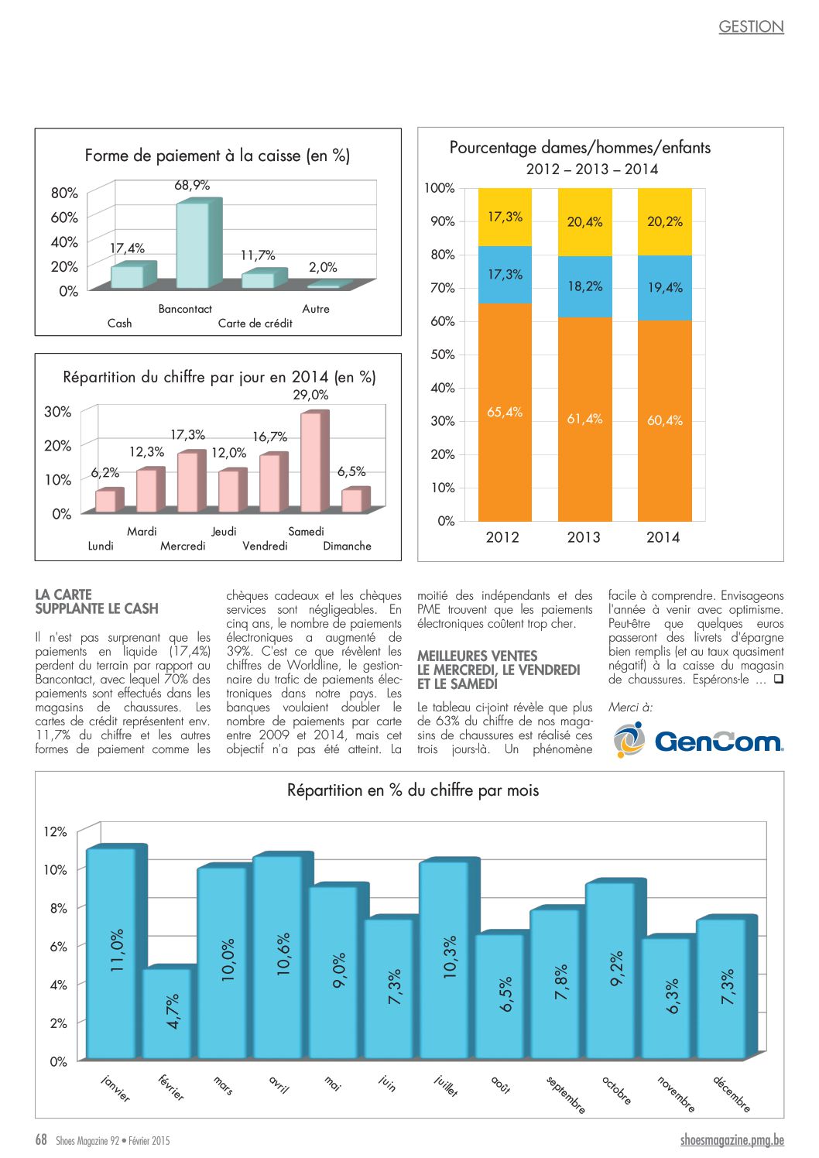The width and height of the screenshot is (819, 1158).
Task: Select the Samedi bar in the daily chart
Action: pos(314,461)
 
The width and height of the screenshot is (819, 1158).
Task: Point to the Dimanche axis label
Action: pos(347,546)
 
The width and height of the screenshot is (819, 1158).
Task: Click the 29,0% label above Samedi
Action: pos(310,395)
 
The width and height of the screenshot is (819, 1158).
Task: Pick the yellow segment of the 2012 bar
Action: pos(505,217)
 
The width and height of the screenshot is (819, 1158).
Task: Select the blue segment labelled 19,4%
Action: pos(664,288)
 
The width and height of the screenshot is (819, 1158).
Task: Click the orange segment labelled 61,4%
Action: pos(584,419)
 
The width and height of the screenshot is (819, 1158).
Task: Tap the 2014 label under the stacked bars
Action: pos(663,538)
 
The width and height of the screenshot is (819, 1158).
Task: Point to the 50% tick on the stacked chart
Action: pos(443,355)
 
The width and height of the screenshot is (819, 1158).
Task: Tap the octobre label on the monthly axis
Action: pos(617,1090)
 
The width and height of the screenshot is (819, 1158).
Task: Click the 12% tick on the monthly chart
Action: pos(55,832)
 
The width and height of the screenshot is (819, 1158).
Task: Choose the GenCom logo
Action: pos(698,740)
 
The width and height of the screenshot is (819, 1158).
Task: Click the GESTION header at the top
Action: pos(752,27)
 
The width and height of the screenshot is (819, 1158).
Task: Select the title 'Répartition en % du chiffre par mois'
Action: pos(413,790)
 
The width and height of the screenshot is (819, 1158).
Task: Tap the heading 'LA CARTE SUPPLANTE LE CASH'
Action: pos(97,601)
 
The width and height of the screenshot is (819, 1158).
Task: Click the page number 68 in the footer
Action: pos(41,1139)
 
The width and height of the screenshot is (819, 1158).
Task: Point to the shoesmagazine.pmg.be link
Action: pos(732,1140)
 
